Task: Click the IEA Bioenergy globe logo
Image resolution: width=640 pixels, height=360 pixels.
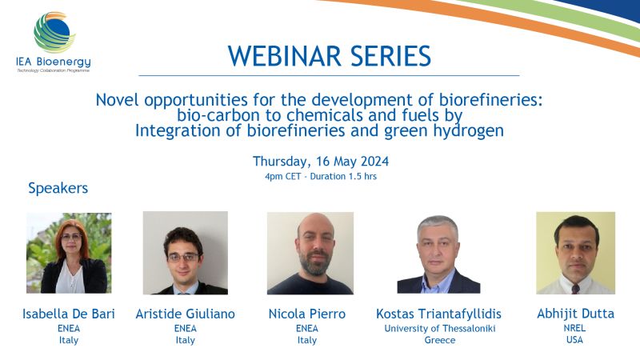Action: coord(54,33)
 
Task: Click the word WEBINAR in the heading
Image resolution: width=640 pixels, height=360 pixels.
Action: coord(284,56)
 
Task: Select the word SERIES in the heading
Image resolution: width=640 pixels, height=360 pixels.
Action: coord(390,56)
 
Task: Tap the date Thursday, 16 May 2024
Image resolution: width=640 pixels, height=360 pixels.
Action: coord(321,162)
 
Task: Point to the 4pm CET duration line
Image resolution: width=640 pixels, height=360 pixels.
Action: coord(321,176)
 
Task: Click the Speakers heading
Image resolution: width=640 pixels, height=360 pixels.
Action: coord(58,188)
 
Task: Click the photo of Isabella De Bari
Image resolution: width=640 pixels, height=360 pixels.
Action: coord(69,253)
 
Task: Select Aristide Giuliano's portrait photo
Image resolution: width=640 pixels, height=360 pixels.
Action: coord(186,253)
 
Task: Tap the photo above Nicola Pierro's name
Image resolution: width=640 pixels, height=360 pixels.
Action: coord(310,253)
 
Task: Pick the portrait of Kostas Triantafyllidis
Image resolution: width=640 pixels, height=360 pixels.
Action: coord(438,254)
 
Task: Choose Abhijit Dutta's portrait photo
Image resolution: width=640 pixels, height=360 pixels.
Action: coord(575,253)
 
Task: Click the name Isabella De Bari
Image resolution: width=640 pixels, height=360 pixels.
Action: coord(69,314)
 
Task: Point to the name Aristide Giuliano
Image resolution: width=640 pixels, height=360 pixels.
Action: coord(186,314)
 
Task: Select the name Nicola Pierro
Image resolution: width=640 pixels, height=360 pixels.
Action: coord(307,314)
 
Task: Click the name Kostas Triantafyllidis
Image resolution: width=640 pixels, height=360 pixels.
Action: coord(438,314)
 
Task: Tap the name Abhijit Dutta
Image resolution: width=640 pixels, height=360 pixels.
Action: coord(575,314)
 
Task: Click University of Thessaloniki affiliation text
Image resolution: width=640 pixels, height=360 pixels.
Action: coord(440,328)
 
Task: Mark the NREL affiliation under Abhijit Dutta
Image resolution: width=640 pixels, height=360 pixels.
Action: coord(574,328)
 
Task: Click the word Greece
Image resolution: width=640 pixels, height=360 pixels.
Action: coord(439,340)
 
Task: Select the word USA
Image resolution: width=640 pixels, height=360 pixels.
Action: coord(574,339)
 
